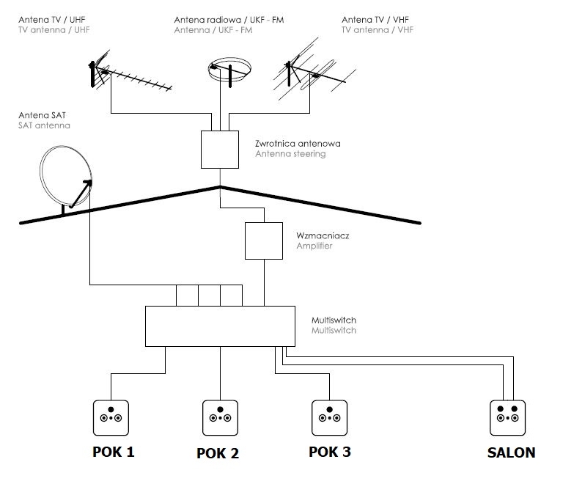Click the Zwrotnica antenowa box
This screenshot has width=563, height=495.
coord(220,150)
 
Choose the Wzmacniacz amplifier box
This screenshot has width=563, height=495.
coord(264,241)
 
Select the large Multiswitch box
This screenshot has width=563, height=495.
coord(220,326)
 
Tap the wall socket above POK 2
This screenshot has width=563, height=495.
coord(221,417)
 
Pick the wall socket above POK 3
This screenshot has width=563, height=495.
coord(329,417)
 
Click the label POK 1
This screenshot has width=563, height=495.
coord(114,452)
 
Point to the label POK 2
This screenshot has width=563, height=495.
coord(218,453)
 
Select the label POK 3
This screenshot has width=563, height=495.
coord(330,452)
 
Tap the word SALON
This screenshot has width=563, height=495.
coord(511,452)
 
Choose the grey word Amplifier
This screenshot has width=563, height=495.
coord(314,246)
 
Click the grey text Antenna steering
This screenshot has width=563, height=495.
coord(290,154)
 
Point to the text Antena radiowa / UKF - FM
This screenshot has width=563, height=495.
coord(229,20)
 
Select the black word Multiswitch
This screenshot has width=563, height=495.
coord(334,320)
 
